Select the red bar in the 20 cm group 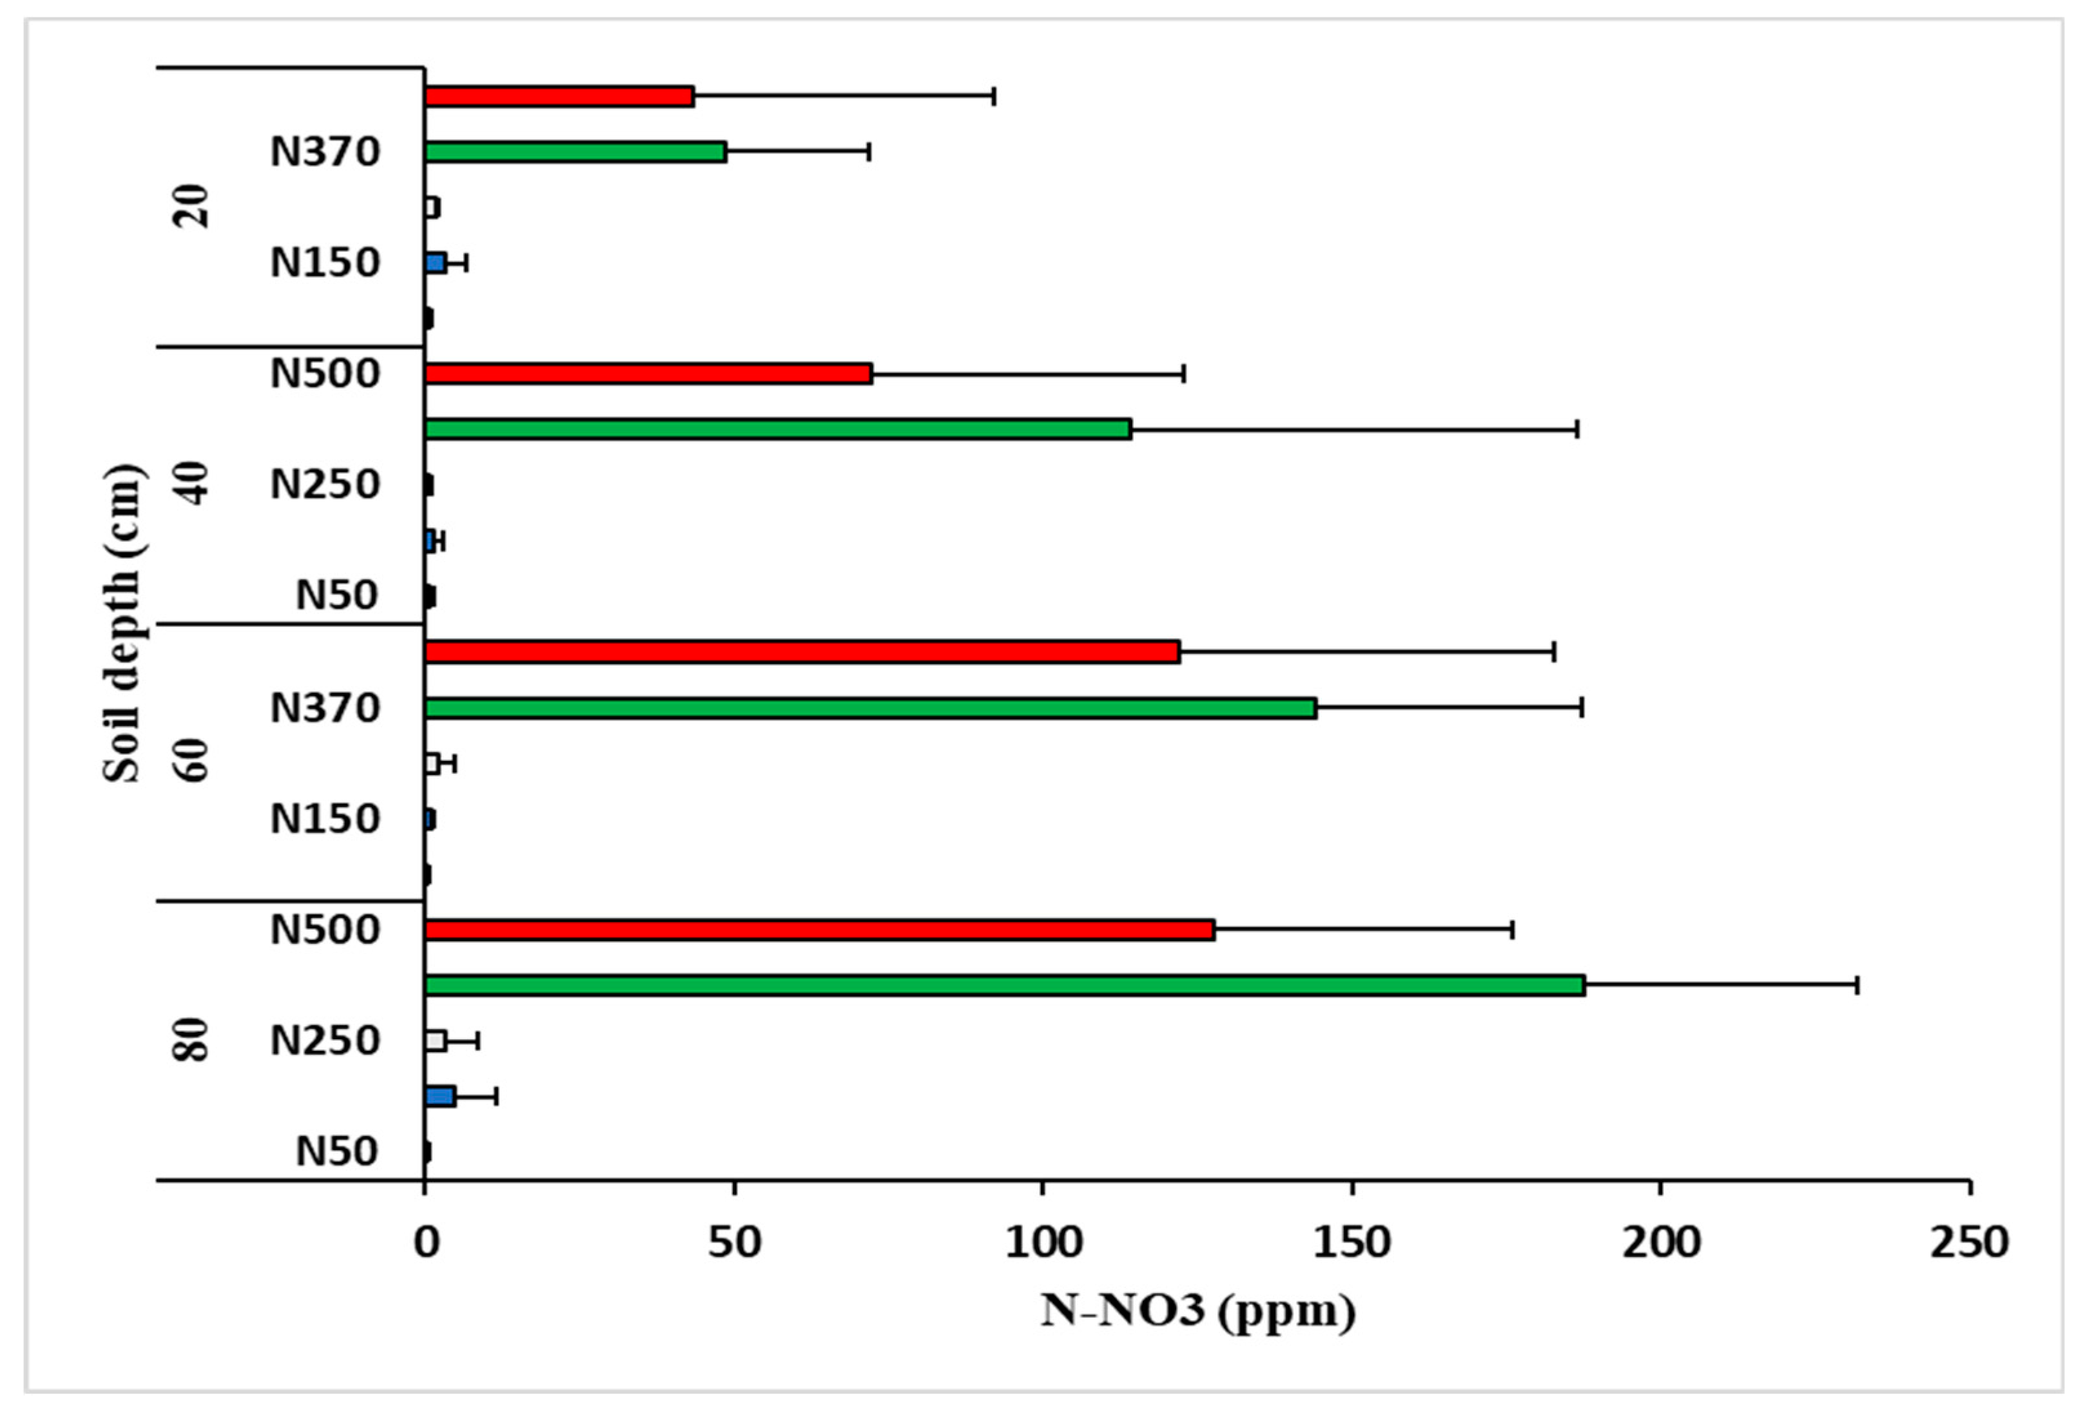tap(558, 96)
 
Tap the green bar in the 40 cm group tap(777, 428)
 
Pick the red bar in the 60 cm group tap(801, 652)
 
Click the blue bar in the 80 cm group tap(440, 1096)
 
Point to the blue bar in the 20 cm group tap(435, 263)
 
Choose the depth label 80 tap(192, 1041)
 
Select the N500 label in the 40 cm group tap(325, 373)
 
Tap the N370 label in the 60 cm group tap(325, 707)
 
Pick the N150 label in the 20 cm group tap(325, 263)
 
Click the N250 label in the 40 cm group tap(325, 485)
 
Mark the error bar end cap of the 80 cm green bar tap(1856, 985)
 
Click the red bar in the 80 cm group tap(819, 929)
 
